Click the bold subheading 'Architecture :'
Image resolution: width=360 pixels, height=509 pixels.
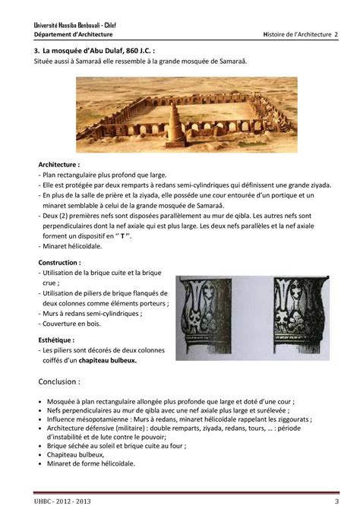click(58, 163)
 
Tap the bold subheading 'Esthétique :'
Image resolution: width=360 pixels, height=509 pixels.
click(56, 340)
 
